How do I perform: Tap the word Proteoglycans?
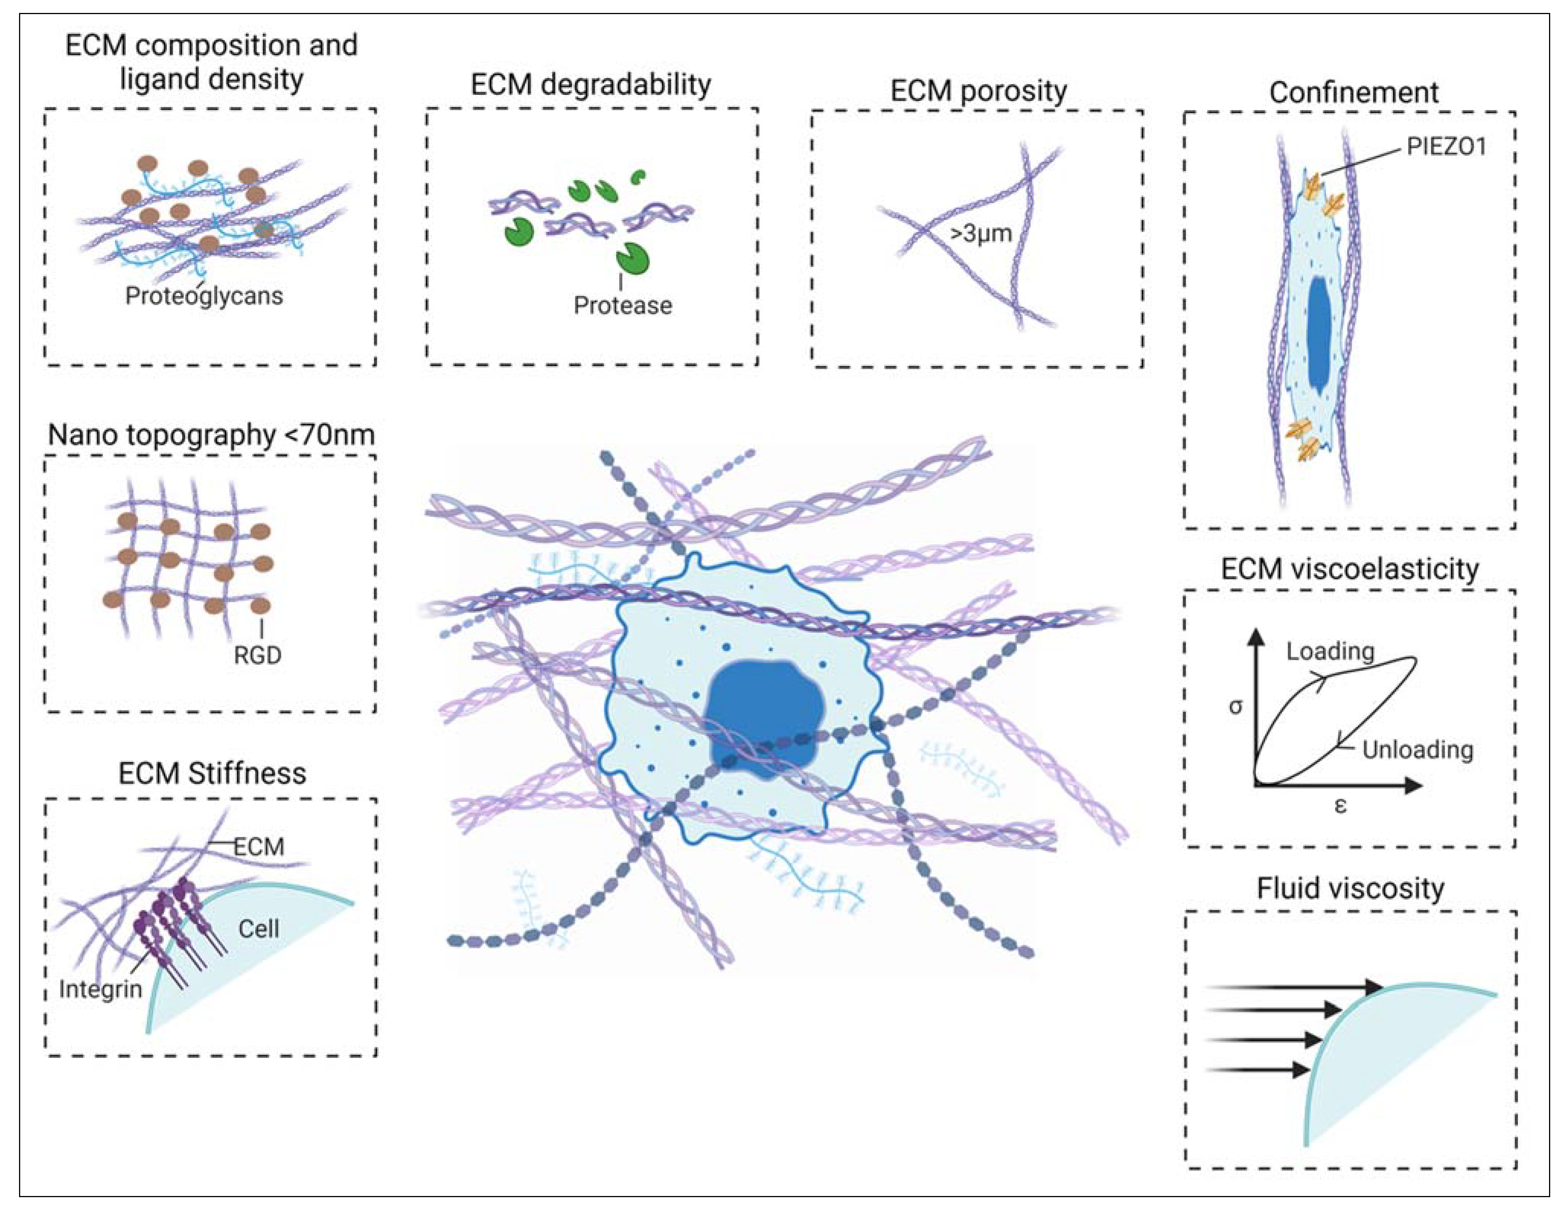(204, 296)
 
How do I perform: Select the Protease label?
(622, 305)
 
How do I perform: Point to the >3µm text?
(981, 233)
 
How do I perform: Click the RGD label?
(257, 655)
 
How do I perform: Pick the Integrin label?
(100, 990)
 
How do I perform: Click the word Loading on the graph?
(1330, 651)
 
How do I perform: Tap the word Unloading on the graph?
(1418, 750)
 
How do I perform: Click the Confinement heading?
(1353, 92)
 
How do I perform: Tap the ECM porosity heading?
(978, 91)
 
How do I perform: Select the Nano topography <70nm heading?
(211, 434)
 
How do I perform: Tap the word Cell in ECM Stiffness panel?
(258, 929)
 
